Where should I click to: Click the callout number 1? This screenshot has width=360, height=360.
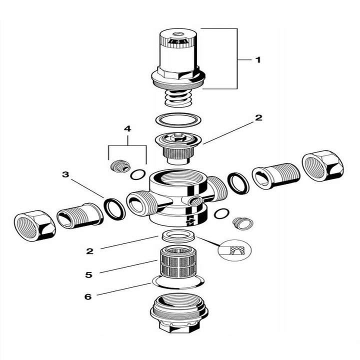(258, 60)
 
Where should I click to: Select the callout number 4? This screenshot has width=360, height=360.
(127, 129)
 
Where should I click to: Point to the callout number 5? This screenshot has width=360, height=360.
(89, 274)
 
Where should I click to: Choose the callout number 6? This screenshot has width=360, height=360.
(89, 296)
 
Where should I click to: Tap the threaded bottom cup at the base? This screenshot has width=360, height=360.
(179, 312)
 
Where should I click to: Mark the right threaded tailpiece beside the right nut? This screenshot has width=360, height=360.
(275, 175)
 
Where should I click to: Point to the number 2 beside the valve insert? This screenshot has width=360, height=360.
(258, 118)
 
